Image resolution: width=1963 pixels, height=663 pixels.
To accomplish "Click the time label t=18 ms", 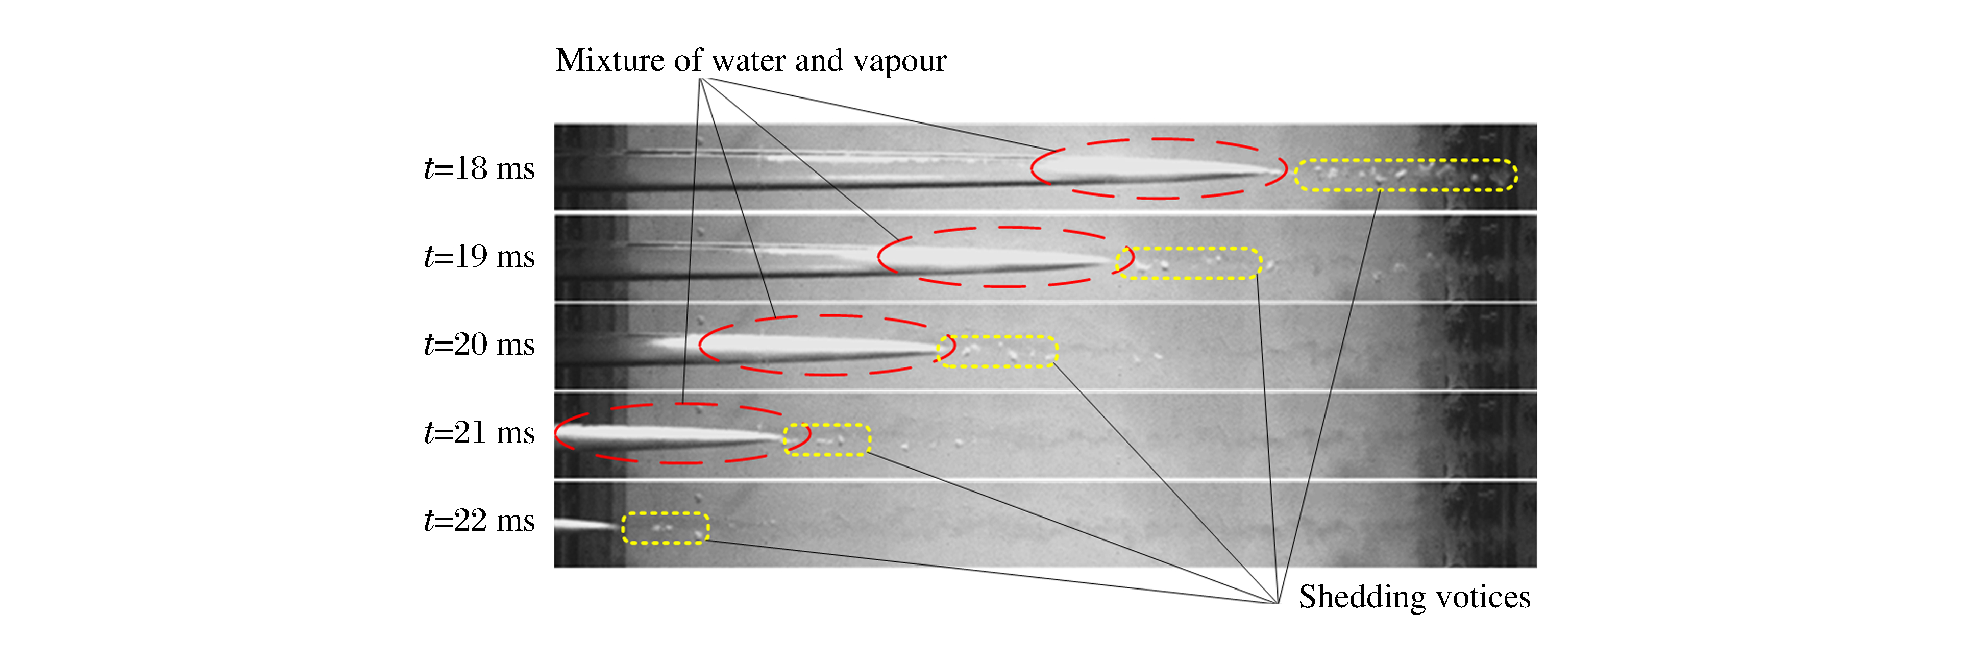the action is coord(479,168).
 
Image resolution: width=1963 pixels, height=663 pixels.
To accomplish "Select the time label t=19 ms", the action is coord(479,257).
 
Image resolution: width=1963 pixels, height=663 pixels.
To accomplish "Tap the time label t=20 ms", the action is coord(479,345).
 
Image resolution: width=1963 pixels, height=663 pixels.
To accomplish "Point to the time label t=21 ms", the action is coord(479,433).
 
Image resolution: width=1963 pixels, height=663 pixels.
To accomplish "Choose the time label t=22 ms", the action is coord(479,521).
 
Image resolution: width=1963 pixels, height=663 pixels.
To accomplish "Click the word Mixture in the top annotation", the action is coord(609,60).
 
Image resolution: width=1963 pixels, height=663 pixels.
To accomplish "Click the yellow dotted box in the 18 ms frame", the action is coord(1406,161).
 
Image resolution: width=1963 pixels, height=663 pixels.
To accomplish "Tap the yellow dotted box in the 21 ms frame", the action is coord(827,425).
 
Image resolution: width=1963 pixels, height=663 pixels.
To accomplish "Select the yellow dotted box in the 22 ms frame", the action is coord(665,513).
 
